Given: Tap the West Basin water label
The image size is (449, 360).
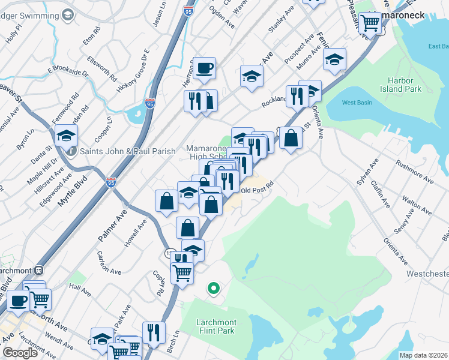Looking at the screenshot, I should coord(354,103).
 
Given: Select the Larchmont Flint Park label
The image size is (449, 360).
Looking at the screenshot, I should coord(216,326).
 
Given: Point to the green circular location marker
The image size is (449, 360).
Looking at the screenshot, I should coord(213,289).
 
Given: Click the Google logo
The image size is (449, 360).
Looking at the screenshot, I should coord(20,353).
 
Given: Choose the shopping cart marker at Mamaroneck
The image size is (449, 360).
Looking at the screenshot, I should coord(372,23).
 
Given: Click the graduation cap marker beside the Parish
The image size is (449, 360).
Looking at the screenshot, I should coord(66,135).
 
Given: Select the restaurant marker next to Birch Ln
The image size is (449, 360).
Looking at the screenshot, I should coord(154,332).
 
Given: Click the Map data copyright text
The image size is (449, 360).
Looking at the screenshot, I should coord(423,355).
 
